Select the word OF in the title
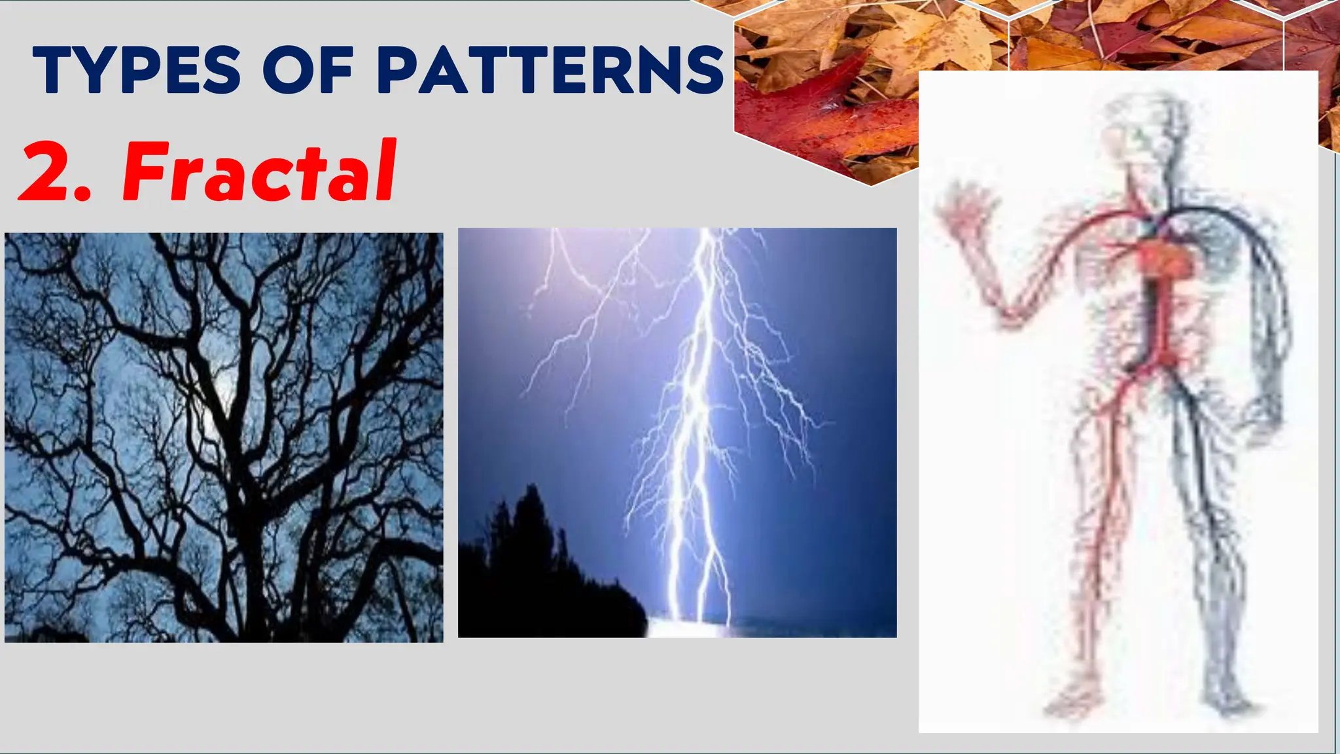308,70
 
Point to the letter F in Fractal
145,171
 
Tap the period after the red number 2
81,193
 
